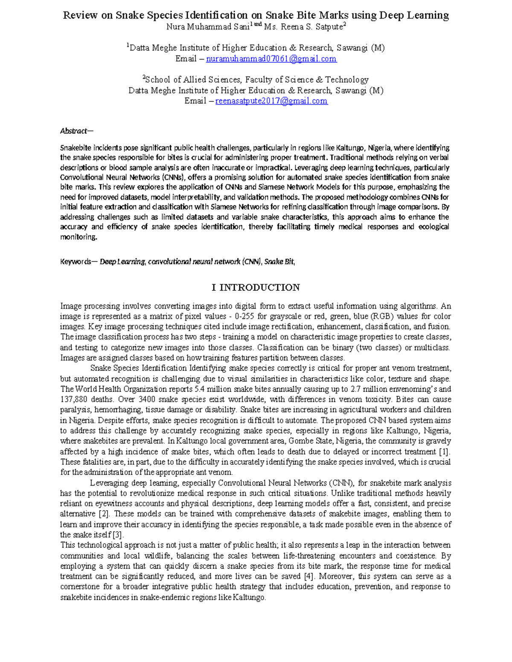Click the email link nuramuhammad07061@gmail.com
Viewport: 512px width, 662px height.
[271, 59]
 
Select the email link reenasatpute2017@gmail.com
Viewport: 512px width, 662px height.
[271, 101]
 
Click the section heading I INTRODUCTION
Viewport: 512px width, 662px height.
[256, 287]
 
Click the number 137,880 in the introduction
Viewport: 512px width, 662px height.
[74, 399]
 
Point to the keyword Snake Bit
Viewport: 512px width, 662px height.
[279, 262]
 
